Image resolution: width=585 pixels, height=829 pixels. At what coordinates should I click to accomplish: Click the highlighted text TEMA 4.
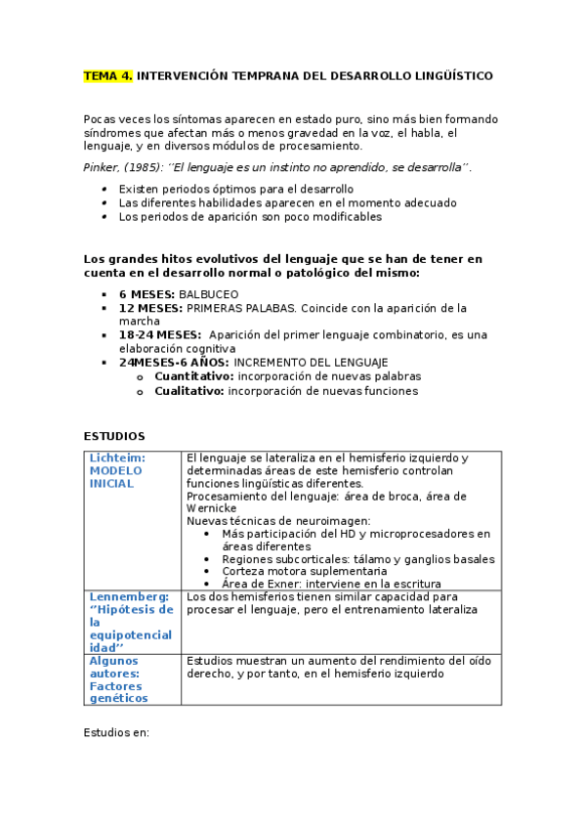(x=107, y=75)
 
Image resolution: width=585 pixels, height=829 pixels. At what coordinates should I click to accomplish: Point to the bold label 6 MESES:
(x=147, y=293)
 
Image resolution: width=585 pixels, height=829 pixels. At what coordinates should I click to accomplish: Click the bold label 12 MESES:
(x=150, y=308)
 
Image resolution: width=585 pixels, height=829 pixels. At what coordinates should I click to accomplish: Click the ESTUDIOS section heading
(x=114, y=435)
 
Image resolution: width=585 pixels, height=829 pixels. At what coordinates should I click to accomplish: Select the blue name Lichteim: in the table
(x=117, y=458)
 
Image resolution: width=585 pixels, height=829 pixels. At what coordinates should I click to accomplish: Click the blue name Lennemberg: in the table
(x=129, y=596)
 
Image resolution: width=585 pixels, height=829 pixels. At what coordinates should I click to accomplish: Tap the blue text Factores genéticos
(x=119, y=692)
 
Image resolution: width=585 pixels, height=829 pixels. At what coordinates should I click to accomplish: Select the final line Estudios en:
(x=116, y=730)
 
